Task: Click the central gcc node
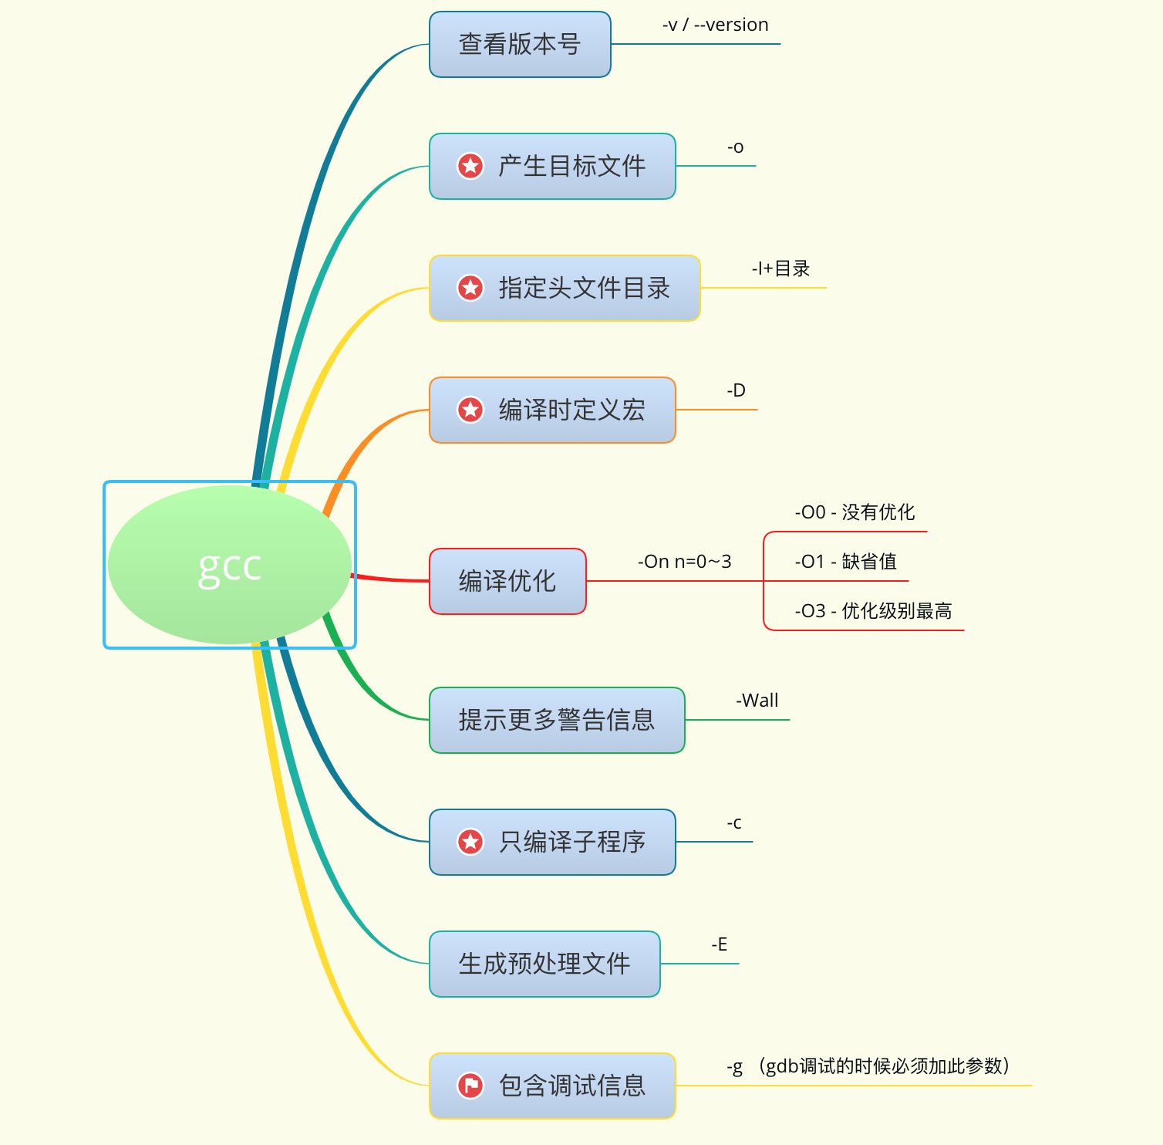230,565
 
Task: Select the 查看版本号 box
520,45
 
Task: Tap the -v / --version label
715,25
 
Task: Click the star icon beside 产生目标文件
470,166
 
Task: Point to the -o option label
735,147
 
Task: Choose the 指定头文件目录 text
584,288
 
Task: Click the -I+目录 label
780,269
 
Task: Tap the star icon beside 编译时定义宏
470,410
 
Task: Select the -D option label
736,390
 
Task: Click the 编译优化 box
507,581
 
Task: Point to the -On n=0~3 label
684,562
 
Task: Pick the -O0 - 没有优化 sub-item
855,512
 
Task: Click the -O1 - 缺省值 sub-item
845,562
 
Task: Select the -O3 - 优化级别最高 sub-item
873,611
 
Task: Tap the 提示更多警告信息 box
557,720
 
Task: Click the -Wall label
757,701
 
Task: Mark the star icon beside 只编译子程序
470,842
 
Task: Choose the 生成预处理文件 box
544,964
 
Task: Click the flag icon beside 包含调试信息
470,1086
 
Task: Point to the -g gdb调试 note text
868,1066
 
